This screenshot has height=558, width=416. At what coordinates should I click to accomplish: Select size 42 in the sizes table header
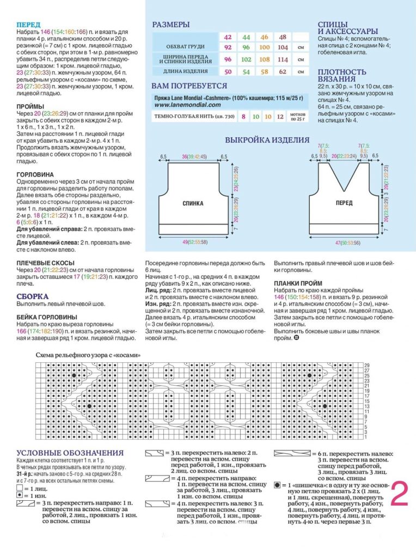pyautogui.click(x=228, y=37)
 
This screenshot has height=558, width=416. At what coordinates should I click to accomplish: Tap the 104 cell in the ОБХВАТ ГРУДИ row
pyautogui.click(x=282, y=47)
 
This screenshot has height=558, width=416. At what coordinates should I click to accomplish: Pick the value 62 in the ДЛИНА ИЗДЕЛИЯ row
pyautogui.click(x=282, y=71)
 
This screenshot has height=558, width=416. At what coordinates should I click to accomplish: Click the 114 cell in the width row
pyautogui.click(x=282, y=59)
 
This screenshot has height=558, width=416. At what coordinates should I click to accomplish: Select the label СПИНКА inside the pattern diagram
pyautogui.click(x=193, y=204)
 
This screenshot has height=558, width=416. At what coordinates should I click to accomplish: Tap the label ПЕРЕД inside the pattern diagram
pyautogui.click(x=344, y=203)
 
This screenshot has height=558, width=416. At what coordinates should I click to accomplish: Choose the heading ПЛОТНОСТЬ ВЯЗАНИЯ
pyautogui.click(x=342, y=76)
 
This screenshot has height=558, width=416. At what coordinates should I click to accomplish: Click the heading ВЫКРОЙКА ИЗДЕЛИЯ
pyautogui.click(x=267, y=140)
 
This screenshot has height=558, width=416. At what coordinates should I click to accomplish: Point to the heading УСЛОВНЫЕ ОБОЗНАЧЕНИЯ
pyautogui.click(x=70, y=453)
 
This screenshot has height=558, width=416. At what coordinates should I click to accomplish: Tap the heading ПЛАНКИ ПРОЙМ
pyautogui.click(x=298, y=283)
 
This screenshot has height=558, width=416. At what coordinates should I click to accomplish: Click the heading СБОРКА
pyautogui.click(x=33, y=296)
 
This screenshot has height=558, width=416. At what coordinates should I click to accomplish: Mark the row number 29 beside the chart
pyautogui.click(x=367, y=365)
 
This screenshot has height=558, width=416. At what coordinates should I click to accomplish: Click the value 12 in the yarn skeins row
pyautogui.click(x=280, y=117)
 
